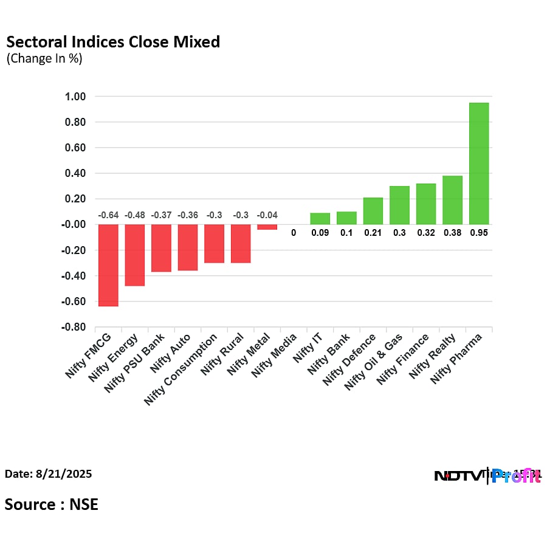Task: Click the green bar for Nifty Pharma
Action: pyautogui.click(x=479, y=163)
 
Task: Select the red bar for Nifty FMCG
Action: pyautogui.click(x=108, y=265)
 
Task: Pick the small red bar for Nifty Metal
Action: pyautogui.click(x=267, y=227)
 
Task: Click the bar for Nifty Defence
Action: pyautogui.click(x=373, y=211)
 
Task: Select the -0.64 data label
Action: pyautogui.click(x=108, y=215)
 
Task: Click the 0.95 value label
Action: pyautogui.click(x=479, y=232)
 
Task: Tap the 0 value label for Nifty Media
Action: pyautogui.click(x=293, y=232)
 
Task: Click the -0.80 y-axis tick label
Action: pyautogui.click(x=74, y=327)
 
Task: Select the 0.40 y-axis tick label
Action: pyautogui.click(x=75, y=173)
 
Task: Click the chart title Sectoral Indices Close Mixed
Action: pyautogui.click(x=113, y=42)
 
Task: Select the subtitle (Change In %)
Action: pyautogui.click(x=44, y=59)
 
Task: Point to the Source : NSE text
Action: pyautogui.click(x=52, y=504)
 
